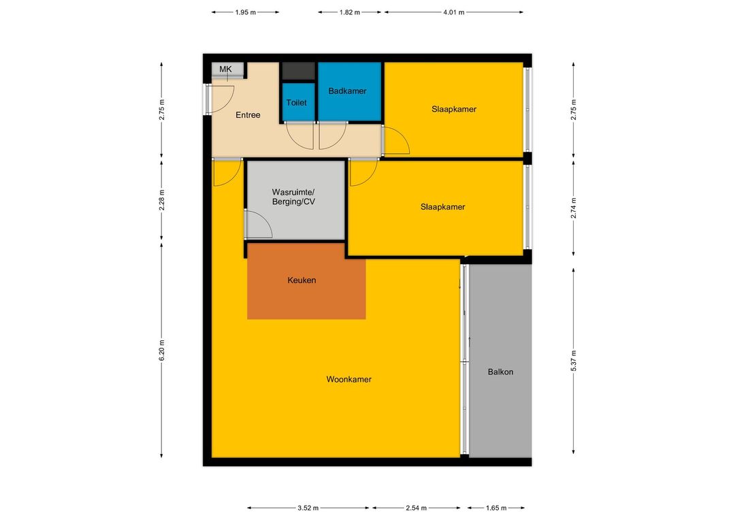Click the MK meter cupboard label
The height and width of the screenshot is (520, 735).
tap(225, 69)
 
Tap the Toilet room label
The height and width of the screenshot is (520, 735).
tap(296, 103)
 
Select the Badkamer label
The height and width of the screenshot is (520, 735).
tap(347, 91)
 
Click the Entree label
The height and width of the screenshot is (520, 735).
tap(248, 115)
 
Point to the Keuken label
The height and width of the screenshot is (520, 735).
tap(302, 280)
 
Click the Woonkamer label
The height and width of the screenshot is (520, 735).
tap(348, 379)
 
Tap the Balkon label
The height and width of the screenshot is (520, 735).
tap(501, 372)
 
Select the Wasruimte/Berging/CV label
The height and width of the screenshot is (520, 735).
tap(294, 197)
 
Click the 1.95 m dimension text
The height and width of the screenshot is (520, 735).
tap(246, 12)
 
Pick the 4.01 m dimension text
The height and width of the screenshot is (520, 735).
tap(454, 12)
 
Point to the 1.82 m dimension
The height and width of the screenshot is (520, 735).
tap(350, 12)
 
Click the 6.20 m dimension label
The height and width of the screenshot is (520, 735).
tap(162, 350)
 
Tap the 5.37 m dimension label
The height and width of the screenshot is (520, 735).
tap(573, 361)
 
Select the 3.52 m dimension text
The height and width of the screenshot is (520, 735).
tap(308, 508)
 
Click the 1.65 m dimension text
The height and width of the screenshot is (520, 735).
tap(496, 508)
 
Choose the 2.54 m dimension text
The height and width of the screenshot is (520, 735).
tap(416, 508)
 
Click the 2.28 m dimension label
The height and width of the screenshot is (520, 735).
tap(162, 200)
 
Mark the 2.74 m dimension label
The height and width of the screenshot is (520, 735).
tap(573, 208)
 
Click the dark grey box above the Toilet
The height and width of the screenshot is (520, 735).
tap(298, 71)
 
